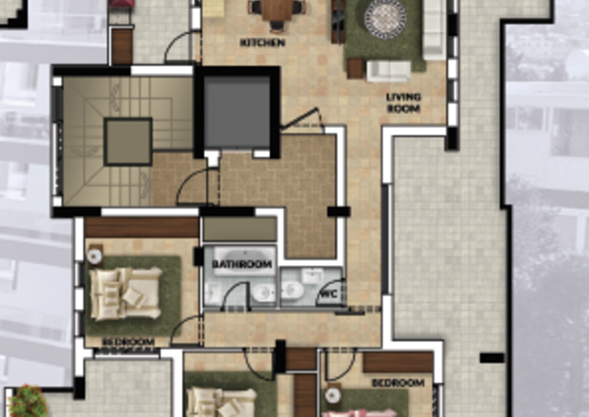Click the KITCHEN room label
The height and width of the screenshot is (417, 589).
[x=262, y=42]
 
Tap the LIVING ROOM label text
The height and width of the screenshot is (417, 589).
[x=404, y=103]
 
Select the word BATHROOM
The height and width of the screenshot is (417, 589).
[x=241, y=264]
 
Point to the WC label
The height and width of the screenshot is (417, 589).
[x=328, y=294]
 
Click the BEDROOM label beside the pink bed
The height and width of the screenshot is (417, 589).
[x=398, y=383]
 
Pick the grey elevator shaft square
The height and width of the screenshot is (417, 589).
[x=237, y=113]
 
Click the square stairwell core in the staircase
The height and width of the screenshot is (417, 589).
[x=128, y=142]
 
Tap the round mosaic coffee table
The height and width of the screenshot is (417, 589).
[x=385, y=19]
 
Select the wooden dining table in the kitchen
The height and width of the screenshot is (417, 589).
[x=277, y=10]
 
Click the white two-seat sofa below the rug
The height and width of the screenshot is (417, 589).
[x=389, y=71]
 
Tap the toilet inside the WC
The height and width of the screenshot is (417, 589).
[x=292, y=290]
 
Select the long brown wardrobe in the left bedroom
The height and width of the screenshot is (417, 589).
[x=142, y=227]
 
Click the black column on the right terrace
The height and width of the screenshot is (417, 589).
[x=492, y=358]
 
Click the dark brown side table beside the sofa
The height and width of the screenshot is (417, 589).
[x=355, y=68]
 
